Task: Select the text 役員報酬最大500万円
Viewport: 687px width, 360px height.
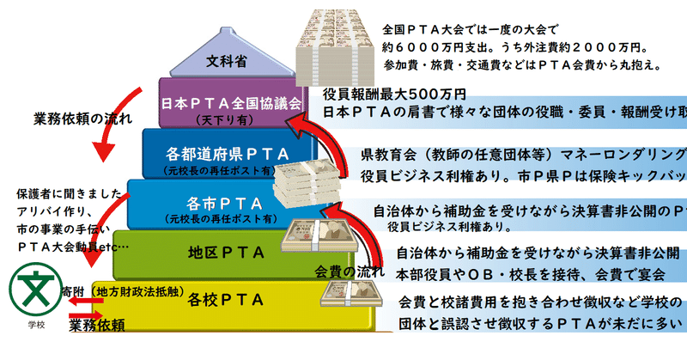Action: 394,93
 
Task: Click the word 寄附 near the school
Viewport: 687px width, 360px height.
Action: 74,292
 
